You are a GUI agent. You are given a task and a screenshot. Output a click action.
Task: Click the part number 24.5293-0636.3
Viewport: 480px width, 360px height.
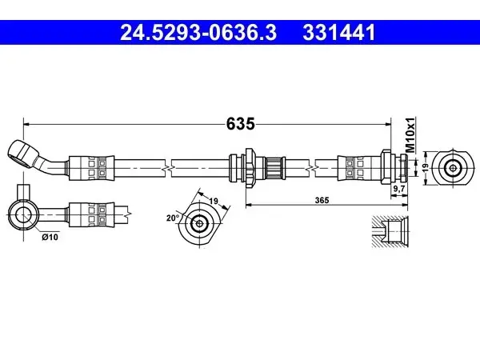(x=198, y=33)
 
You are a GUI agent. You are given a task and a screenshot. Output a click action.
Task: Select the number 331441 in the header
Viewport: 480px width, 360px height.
(x=339, y=33)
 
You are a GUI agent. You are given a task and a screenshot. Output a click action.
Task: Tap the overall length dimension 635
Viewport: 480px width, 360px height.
(x=240, y=124)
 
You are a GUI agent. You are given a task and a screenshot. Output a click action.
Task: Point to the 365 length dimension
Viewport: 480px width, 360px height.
(x=322, y=200)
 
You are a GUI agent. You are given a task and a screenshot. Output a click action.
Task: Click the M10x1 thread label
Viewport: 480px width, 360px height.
(x=410, y=134)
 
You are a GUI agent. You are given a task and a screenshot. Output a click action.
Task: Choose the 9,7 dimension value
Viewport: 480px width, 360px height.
(x=399, y=189)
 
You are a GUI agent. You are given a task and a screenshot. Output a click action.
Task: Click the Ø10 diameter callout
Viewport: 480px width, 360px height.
(x=50, y=237)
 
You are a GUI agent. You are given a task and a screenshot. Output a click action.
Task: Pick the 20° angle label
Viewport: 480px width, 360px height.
(x=173, y=218)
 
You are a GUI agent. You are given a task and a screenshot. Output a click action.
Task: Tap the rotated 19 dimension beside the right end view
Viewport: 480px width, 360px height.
(x=425, y=167)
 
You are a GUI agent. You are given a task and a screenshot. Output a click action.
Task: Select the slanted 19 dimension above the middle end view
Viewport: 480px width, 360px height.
(x=214, y=201)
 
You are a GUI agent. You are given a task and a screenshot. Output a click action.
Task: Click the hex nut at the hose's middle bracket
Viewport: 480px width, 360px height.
(x=250, y=167)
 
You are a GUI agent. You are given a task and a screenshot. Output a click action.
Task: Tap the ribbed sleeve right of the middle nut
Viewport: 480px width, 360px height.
(x=274, y=168)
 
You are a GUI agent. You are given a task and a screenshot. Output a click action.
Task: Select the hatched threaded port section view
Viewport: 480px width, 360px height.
(x=390, y=231)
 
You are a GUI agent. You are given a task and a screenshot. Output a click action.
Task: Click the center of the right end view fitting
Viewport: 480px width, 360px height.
(x=452, y=167)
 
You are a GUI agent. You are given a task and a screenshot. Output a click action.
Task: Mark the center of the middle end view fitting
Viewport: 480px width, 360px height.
(x=199, y=223)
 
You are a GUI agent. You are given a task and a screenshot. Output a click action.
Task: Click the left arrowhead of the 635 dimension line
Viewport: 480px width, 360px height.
(x=26, y=124)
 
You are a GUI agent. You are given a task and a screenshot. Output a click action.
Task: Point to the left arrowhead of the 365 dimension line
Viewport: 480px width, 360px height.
(x=249, y=204)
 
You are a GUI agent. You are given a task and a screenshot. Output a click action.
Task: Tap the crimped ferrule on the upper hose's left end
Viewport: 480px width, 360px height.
(x=91, y=168)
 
